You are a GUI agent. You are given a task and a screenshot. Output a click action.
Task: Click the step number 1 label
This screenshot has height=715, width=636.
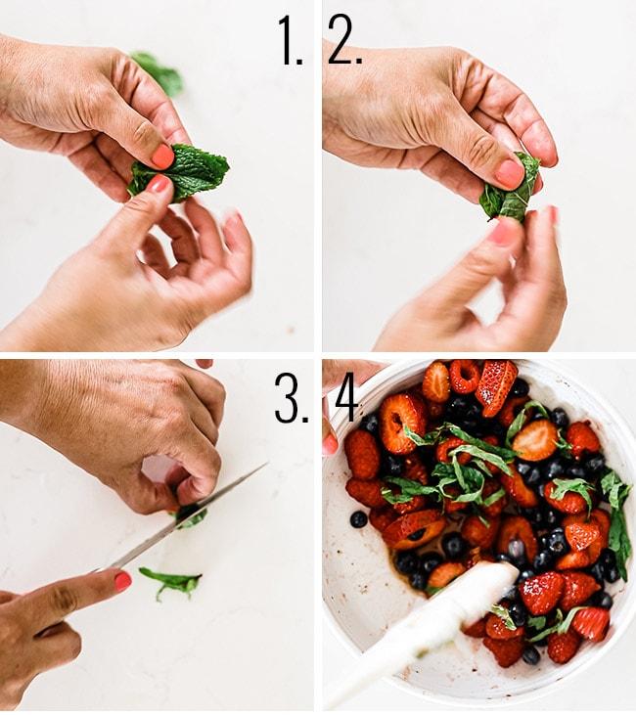click(x=291, y=42)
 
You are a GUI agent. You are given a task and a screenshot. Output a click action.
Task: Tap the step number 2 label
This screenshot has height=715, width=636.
click(x=344, y=42)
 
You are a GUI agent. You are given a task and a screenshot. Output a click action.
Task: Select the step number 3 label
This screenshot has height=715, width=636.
click(x=291, y=398)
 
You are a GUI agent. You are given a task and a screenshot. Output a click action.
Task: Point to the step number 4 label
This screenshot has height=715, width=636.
click(x=344, y=398)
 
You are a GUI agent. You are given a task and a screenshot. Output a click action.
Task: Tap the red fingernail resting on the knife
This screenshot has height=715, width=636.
click(x=122, y=581)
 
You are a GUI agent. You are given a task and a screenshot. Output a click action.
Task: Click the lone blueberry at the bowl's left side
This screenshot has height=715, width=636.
click(x=359, y=519)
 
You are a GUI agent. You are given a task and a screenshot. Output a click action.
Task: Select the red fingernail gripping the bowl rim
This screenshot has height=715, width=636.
click(x=330, y=443)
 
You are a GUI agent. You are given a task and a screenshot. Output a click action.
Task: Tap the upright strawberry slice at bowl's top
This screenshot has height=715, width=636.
click(x=495, y=385)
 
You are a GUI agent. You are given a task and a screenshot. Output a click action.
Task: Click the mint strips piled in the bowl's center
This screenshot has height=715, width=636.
click(x=460, y=469)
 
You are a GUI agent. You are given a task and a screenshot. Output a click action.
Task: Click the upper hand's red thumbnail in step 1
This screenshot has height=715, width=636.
click(x=161, y=156)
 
